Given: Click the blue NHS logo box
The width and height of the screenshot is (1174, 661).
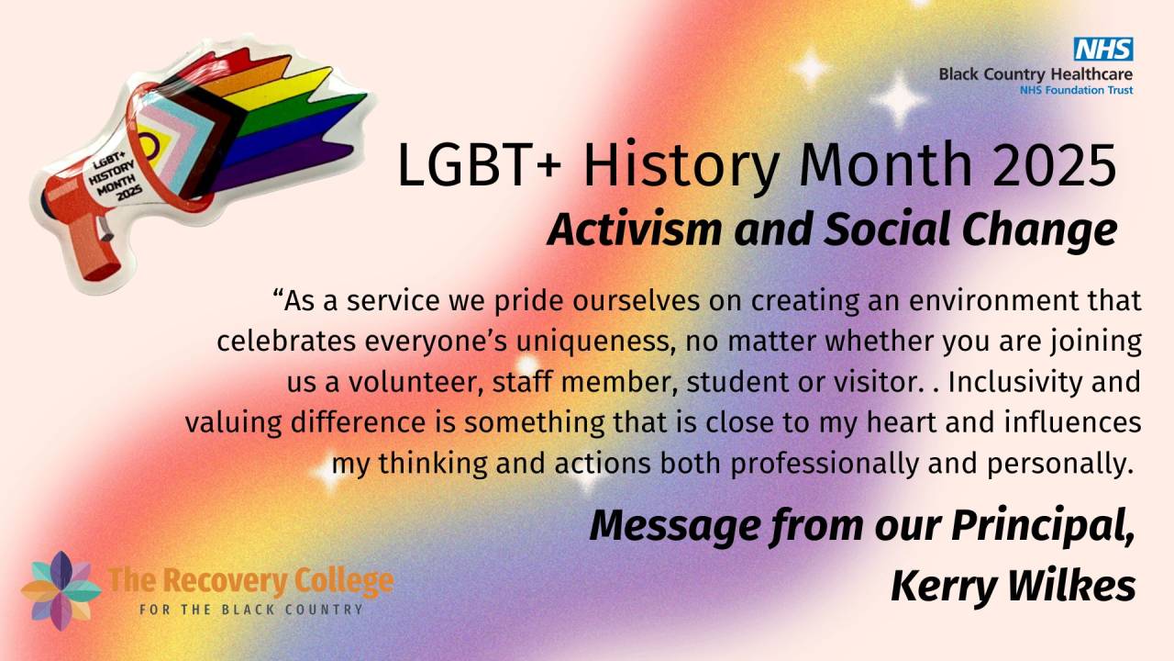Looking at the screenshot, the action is pos(1103,50).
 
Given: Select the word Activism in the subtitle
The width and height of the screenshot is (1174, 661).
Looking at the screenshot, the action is pos(635,230).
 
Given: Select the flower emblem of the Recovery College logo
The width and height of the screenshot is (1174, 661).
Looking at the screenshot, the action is pos(61,590).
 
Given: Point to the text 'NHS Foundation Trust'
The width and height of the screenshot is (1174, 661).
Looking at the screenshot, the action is pos(1076,90).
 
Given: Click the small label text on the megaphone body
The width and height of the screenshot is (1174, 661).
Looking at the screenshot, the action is pos(112,175).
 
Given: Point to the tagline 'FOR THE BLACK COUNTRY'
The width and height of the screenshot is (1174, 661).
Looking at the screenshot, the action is pos(251,610).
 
